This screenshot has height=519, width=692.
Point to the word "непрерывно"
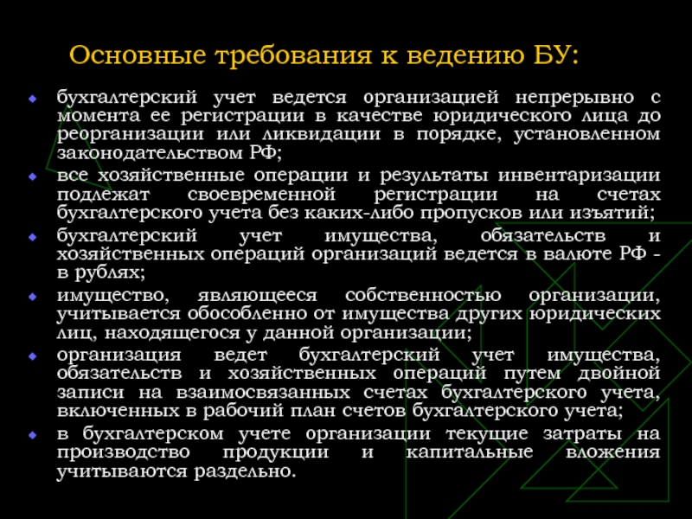pyautogui.click(x=574, y=98)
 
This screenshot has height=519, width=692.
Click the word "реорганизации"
pyautogui.click(x=131, y=135)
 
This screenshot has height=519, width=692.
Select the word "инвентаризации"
pyautogui.click(x=580, y=176)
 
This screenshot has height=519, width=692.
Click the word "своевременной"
pyautogui.click(x=261, y=194)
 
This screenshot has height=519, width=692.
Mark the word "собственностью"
pyautogui.click(x=423, y=295)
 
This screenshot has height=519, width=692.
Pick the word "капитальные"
pyautogui.click(x=469, y=452)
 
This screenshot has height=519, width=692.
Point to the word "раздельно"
pyautogui.click(x=244, y=471)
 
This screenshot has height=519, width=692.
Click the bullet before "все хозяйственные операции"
pyautogui.click(x=32, y=176)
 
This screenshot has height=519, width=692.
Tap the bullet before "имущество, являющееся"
pyautogui.click(x=32, y=296)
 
